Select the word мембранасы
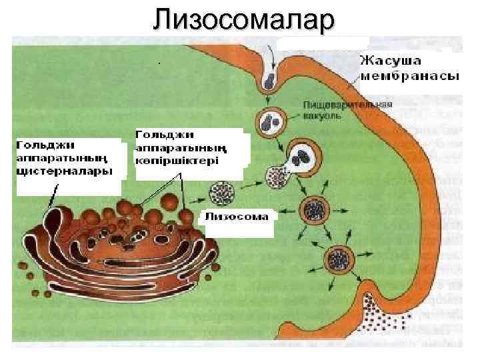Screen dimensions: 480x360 tap(409, 75)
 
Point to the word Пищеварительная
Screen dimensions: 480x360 tap(347, 105)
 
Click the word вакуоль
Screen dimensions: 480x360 tap(323, 115)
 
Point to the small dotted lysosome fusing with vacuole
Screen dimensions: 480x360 tap(277, 177)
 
